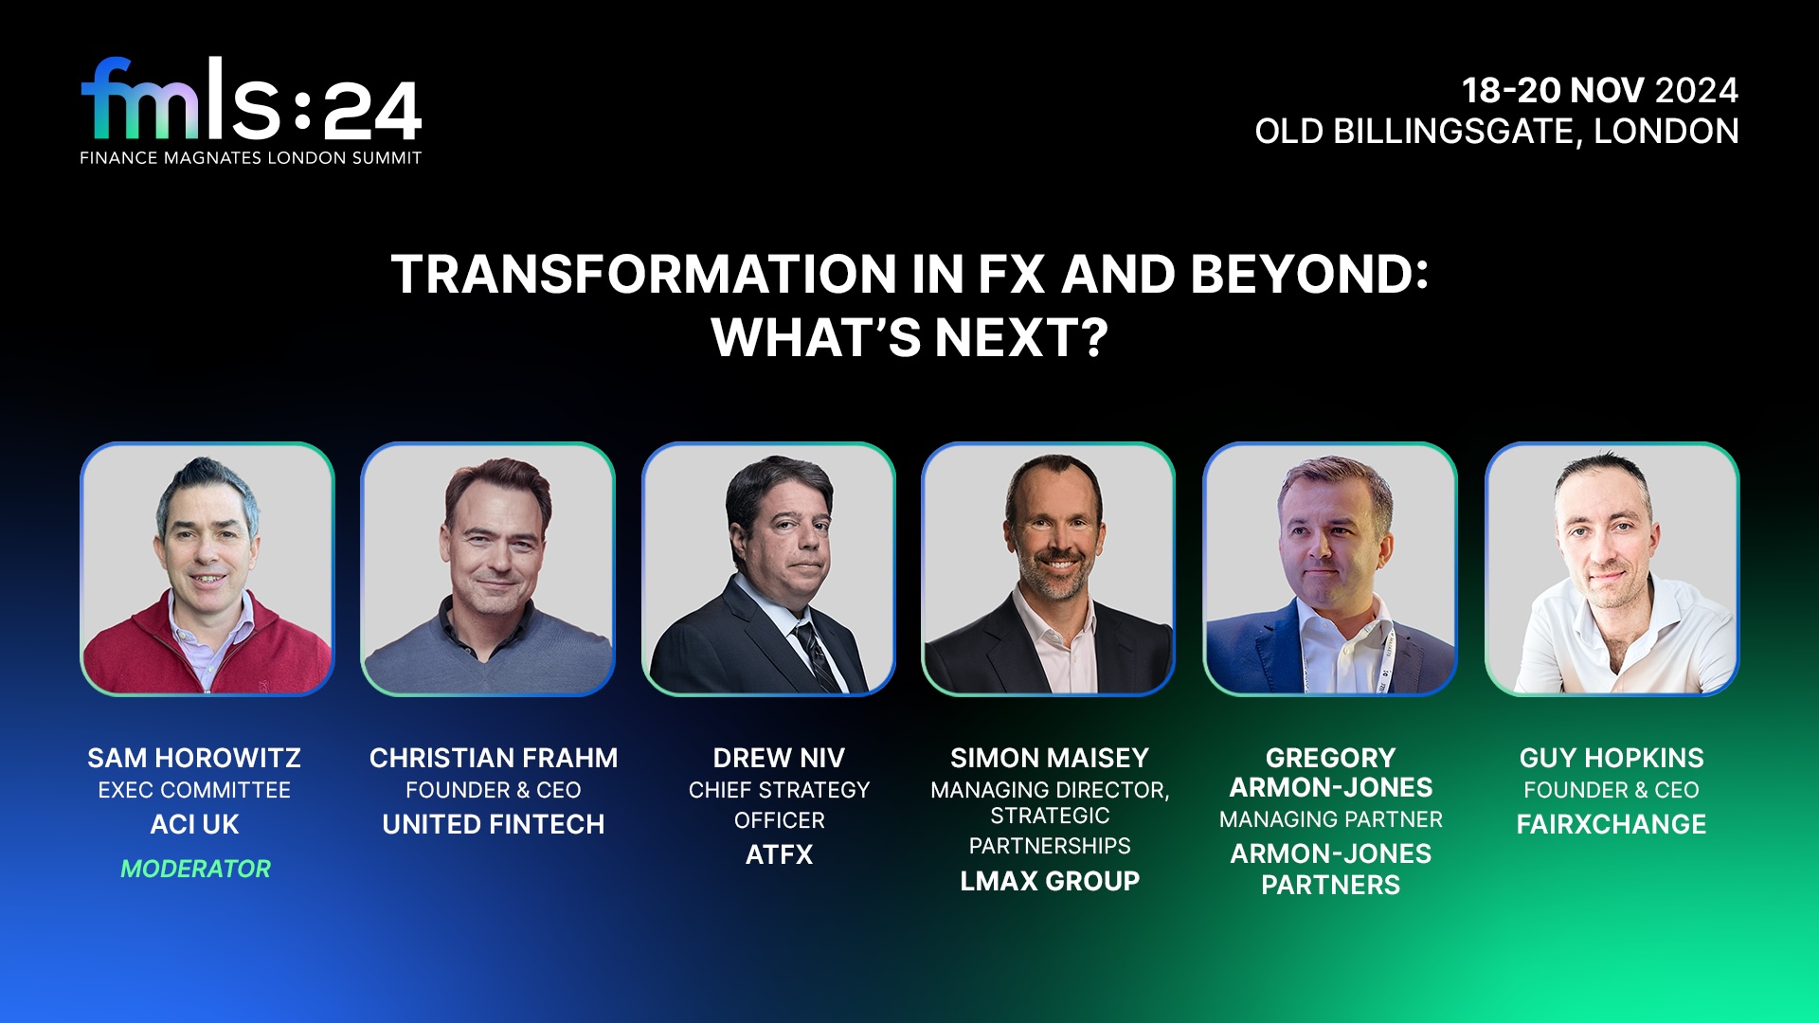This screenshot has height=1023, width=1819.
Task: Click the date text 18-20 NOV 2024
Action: [1599, 91]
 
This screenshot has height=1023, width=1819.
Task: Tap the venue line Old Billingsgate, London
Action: [1496, 132]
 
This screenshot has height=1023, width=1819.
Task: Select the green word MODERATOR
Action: [195, 869]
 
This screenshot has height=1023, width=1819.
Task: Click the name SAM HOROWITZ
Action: [194, 758]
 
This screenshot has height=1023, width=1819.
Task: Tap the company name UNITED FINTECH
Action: [493, 824]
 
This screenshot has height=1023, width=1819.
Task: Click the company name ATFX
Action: [779, 854]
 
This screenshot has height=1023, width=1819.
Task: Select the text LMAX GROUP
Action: [1050, 881]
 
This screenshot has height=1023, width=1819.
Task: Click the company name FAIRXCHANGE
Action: [1611, 824]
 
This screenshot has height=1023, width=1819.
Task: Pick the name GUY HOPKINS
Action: [1611, 758]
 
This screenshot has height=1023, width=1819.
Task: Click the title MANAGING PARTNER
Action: [1330, 819]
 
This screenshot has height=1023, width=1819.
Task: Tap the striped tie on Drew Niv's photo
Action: [817, 654]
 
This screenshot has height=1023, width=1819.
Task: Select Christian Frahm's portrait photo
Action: [488, 568]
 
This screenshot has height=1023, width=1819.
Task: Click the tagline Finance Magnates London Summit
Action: [250, 158]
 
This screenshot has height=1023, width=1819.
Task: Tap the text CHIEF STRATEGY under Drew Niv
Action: [779, 790]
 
